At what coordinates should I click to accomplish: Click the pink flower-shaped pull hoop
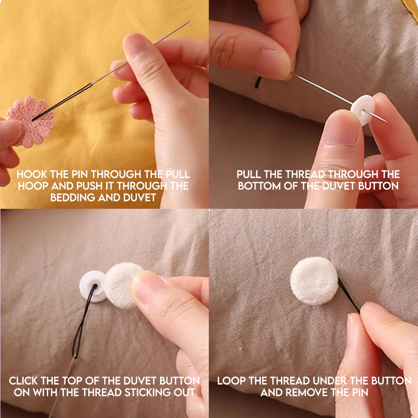click(31, 121)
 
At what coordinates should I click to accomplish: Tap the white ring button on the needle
click(362, 110)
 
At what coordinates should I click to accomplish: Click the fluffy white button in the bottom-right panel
click(314, 281)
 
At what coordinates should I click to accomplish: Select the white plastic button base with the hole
click(93, 286)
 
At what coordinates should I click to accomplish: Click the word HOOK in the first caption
click(32, 174)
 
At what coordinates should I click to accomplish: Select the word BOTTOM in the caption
click(259, 186)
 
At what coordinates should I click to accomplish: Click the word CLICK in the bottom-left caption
click(23, 381)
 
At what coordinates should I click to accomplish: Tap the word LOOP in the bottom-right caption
click(231, 381)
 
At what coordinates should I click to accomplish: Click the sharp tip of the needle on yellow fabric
click(191, 20)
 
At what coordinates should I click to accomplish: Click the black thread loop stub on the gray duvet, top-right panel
click(258, 82)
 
